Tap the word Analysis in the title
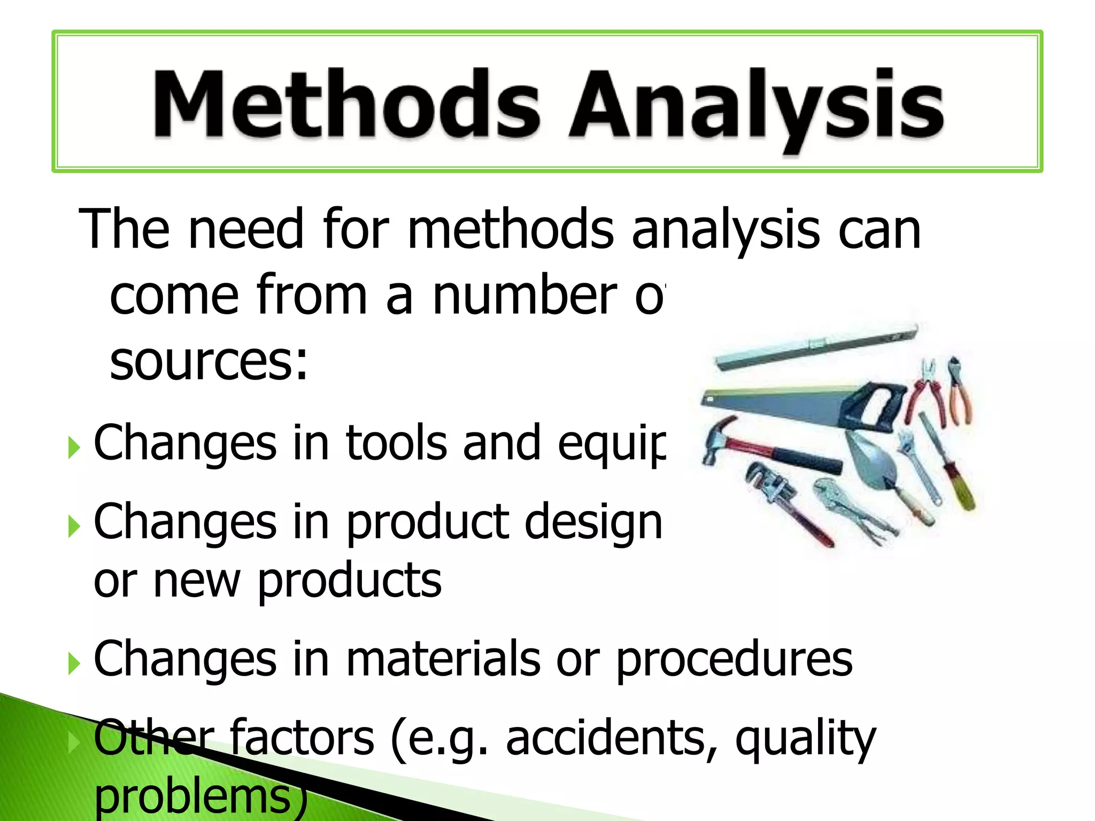click(x=756, y=107)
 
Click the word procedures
click(x=735, y=661)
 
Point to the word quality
click(x=805, y=741)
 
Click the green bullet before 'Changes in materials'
click(x=74, y=664)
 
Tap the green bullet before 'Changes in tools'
click(x=74, y=448)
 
